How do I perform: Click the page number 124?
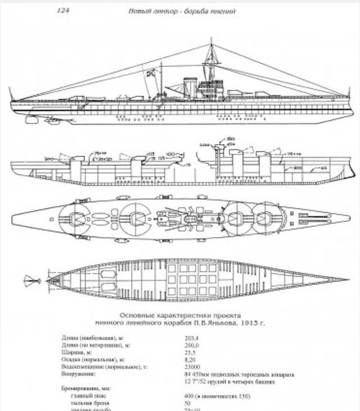click(62, 11)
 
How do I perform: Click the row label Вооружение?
click(77, 373)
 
